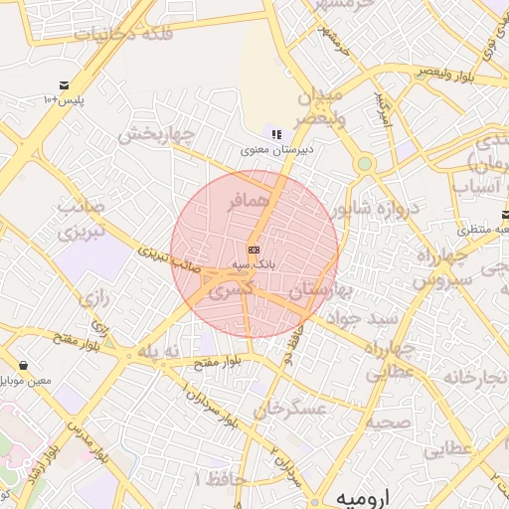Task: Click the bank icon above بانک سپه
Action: pyautogui.click(x=254, y=249)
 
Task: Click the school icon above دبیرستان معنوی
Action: pyautogui.click(x=275, y=134)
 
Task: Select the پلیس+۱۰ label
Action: pyautogui.click(x=66, y=100)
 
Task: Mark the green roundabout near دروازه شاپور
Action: pyautogui.click(x=365, y=164)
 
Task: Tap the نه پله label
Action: pyautogui.click(x=159, y=352)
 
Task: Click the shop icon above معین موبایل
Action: pyautogui.click(x=22, y=366)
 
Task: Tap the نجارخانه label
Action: pyautogui.click(x=475, y=379)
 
